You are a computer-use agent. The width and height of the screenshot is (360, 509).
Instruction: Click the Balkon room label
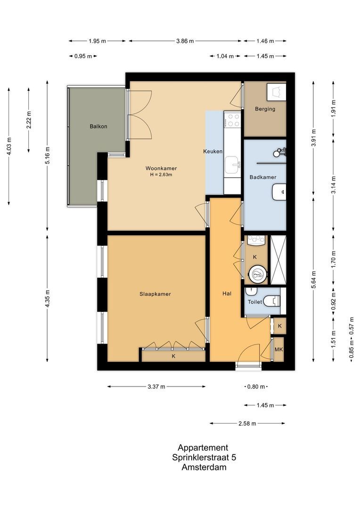tap(99, 126)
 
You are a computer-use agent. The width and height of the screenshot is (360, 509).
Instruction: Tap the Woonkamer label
tap(158, 168)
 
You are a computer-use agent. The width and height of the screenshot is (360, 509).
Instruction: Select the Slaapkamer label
tap(155, 294)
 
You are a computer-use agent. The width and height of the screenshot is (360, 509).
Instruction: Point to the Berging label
tap(265, 109)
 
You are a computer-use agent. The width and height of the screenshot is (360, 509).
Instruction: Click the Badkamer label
tap(262, 177)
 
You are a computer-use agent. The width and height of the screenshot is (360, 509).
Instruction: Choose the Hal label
tap(227, 294)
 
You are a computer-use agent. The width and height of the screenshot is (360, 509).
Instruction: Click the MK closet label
tap(279, 350)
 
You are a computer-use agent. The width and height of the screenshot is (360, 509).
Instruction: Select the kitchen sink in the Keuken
tap(232, 164)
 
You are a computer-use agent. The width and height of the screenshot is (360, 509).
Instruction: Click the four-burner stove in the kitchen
tap(232, 119)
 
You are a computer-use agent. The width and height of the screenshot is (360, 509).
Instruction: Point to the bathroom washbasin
tap(279, 191)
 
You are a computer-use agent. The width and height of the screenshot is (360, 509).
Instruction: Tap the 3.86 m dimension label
tap(185, 41)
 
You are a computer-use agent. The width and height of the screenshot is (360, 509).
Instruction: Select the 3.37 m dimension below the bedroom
tap(156, 387)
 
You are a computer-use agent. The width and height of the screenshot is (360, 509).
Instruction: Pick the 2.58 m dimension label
tap(247, 423)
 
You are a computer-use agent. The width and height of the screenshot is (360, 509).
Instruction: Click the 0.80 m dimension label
tap(256, 387)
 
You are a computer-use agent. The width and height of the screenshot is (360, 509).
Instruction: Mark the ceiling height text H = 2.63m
tap(158, 175)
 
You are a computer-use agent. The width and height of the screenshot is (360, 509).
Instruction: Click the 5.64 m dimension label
tap(314, 276)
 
